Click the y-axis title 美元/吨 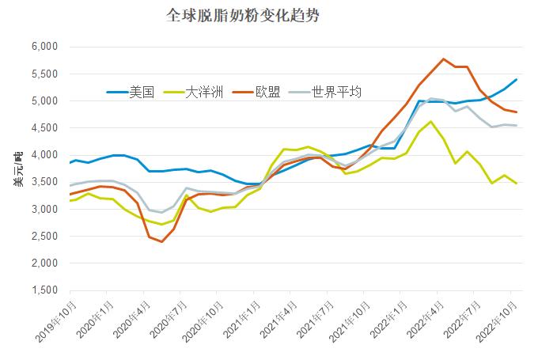[x=17, y=169]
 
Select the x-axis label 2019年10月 [x=57, y=320]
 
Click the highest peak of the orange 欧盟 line [x=443, y=59]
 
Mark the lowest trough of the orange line [x=161, y=241]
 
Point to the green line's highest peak [x=430, y=121]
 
